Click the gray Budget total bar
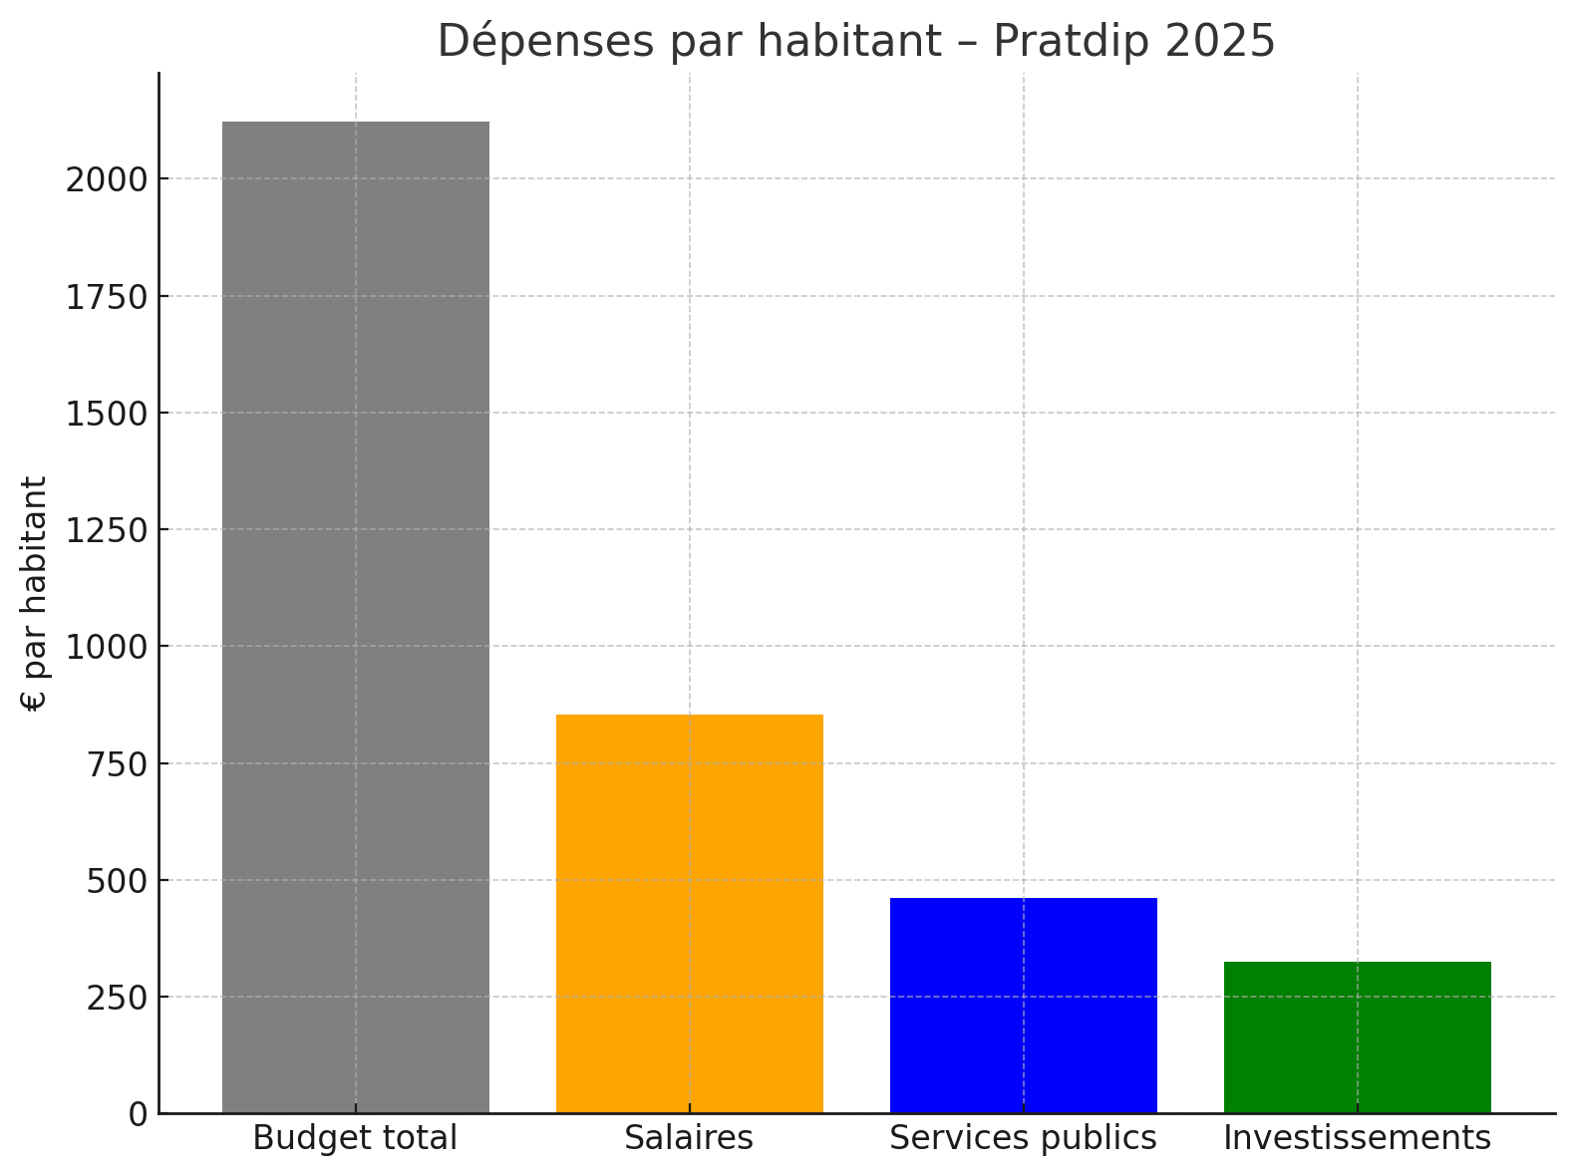[x=355, y=617]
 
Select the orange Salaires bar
[x=689, y=913]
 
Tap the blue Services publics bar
[x=1023, y=1005]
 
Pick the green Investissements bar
[x=1357, y=1036]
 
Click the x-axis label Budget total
[x=355, y=1138]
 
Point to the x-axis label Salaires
[x=689, y=1138]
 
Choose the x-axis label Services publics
[x=1023, y=1138]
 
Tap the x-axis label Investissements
[x=1357, y=1138]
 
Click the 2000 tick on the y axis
[x=106, y=179]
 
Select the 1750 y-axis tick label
[x=106, y=296]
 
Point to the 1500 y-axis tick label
[x=106, y=413]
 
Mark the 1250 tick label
[x=106, y=529]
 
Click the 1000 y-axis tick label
[x=106, y=646]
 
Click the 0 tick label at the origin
[x=139, y=1113]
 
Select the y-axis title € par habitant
[x=34, y=593]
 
